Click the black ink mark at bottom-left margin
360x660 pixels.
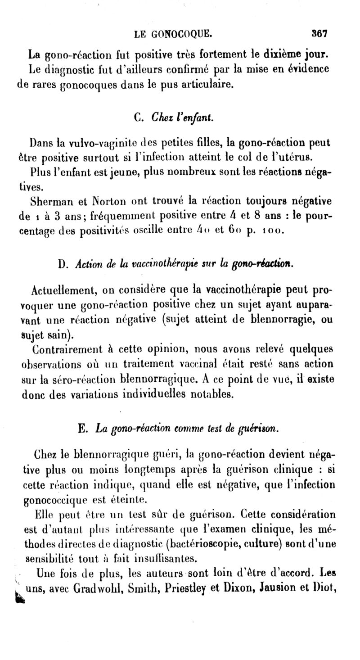tap(18, 597)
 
